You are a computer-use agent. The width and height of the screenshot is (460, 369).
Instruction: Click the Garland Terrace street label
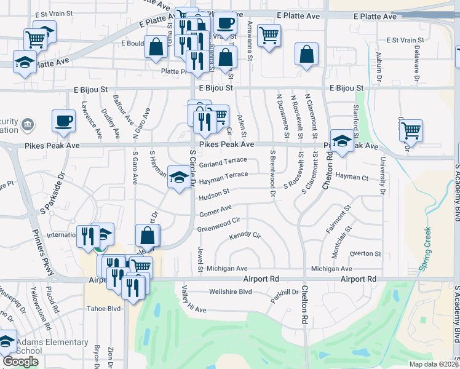[222, 163]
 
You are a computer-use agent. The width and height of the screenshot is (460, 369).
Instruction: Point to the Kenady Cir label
[245, 236]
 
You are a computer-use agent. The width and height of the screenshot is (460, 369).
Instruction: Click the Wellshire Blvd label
[231, 292]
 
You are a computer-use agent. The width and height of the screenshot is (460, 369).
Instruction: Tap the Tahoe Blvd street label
[106, 309]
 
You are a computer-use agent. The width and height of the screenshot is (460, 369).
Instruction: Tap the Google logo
[20, 362]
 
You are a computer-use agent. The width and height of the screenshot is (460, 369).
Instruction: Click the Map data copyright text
[434, 364]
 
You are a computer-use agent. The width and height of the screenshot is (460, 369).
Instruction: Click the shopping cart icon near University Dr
[410, 130]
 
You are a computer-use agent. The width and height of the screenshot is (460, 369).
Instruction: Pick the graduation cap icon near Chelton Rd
[342, 141]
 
